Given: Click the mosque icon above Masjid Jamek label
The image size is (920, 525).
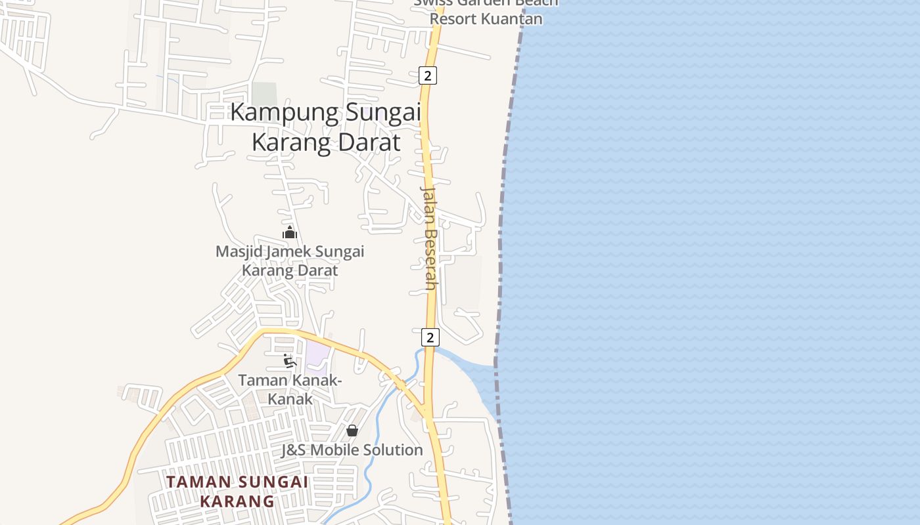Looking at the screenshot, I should tap(290, 232).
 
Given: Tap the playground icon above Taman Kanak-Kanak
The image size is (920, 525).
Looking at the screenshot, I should tap(290, 360).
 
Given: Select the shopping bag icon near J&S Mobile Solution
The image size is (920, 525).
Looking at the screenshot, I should tap(352, 430).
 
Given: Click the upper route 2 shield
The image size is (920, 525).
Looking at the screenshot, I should tap(428, 75).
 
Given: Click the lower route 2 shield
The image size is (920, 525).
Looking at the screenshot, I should tap(430, 337).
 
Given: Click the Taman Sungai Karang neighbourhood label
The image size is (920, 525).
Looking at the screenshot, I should tap(237, 492).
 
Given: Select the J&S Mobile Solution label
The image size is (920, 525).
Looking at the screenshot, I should tap(352, 450).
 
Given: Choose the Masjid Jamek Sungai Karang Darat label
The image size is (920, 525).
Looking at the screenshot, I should tap(290, 261).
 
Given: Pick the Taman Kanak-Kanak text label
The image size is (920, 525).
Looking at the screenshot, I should tap(290, 388).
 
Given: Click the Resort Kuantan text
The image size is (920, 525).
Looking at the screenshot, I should tap(486, 18).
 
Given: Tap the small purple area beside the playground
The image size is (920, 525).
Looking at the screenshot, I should tap(317, 354).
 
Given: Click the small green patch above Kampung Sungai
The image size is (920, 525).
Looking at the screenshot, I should tap(264, 94).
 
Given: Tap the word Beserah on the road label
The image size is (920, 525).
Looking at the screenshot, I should tap(430, 259).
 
